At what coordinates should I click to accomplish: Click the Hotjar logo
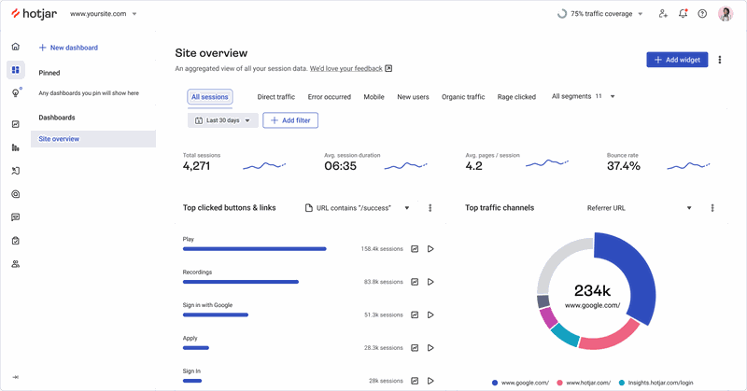point(34,14)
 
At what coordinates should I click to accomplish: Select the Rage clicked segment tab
point(516,97)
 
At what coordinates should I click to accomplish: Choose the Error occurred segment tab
point(329,97)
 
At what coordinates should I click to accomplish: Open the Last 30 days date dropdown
point(222,120)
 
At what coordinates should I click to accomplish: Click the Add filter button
point(290,120)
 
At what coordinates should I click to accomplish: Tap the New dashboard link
point(68,48)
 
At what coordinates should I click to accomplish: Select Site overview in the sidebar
point(59,139)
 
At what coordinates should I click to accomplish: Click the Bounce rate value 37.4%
point(623,166)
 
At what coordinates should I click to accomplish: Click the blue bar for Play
point(254,249)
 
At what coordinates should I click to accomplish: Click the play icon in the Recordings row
point(430,282)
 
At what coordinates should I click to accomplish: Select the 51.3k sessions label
point(383,315)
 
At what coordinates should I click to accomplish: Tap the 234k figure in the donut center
point(592,289)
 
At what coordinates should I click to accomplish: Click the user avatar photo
point(726,14)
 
